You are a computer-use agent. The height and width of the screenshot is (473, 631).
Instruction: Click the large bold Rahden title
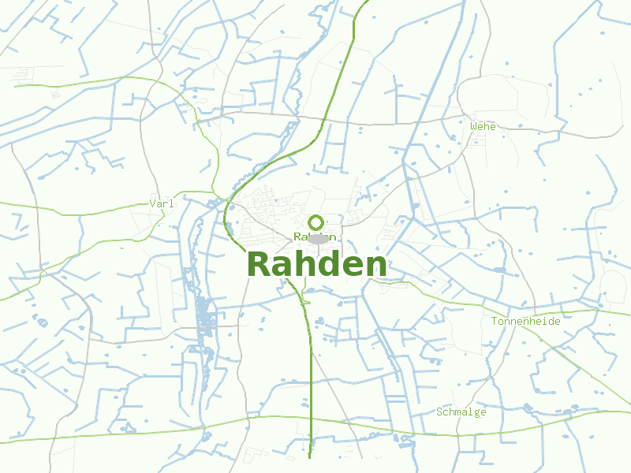317,265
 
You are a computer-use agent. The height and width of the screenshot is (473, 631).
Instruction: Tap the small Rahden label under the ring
315,236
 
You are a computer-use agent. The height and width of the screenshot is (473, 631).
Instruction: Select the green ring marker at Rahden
316,222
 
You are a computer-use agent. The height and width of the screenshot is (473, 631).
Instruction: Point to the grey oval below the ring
318,239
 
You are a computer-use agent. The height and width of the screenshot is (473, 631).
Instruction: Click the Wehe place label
483,126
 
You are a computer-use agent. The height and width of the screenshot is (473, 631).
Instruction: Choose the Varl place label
161,203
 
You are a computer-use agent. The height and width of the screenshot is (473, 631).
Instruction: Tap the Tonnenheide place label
525,322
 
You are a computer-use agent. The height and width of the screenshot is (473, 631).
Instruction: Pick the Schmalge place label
461,412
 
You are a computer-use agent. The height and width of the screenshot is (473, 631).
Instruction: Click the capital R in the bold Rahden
261,265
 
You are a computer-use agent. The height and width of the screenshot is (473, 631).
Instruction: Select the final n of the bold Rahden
375,267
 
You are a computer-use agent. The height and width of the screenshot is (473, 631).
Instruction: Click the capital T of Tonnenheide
495,322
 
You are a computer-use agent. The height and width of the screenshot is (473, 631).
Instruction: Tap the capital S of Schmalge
439,412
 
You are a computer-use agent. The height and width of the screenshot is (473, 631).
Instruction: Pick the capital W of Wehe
473,126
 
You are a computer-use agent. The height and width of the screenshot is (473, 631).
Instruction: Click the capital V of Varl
152,203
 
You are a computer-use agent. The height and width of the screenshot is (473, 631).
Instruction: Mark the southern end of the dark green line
310,456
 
